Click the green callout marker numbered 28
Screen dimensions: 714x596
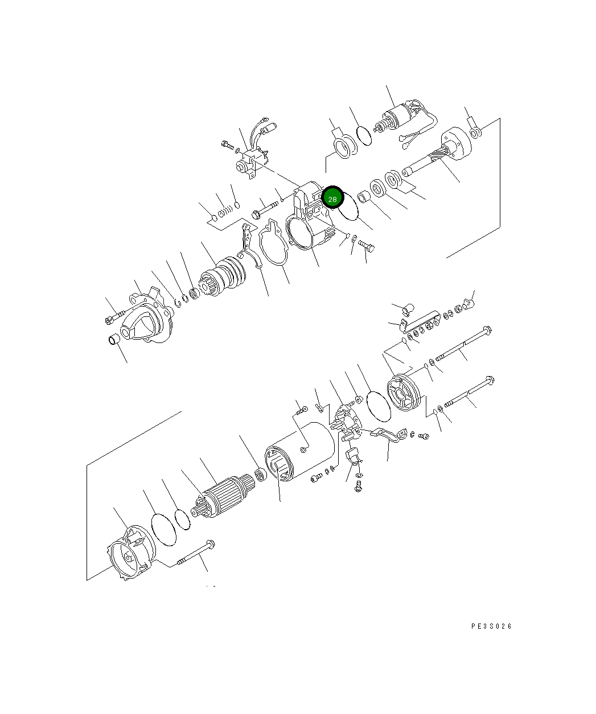(x=332, y=198)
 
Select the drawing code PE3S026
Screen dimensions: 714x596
(x=491, y=626)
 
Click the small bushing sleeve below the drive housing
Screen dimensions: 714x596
(x=114, y=339)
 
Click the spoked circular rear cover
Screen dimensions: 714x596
(x=404, y=393)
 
